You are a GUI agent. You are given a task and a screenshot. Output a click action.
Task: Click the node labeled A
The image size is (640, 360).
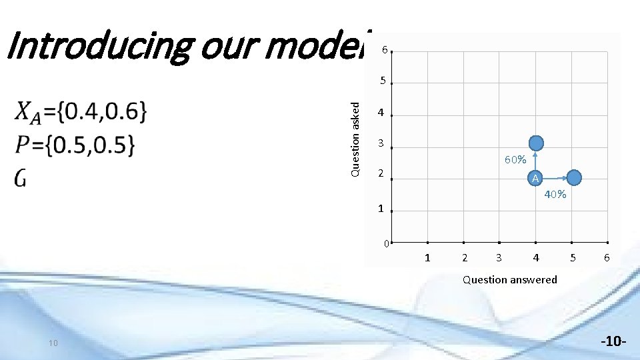click(x=535, y=178)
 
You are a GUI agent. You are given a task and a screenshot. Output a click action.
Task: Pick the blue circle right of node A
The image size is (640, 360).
click(x=574, y=177)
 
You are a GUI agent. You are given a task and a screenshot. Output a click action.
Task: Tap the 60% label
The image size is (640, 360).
click(x=515, y=160)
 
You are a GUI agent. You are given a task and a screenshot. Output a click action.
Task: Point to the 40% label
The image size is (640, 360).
click(x=555, y=195)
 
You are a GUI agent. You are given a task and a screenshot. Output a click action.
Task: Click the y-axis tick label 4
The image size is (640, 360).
click(x=381, y=113)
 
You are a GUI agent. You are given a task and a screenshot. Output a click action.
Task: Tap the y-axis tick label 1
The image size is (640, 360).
click(x=381, y=209)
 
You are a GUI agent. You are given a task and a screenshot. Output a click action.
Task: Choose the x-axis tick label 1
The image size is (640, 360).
click(x=427, y=257)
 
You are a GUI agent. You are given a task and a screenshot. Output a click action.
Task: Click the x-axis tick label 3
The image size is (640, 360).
click(x=499, y=257)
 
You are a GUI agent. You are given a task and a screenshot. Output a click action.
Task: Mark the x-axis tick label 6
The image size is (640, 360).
click(x=607, y=257)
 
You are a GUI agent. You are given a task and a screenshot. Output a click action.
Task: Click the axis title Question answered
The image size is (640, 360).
click(x=510, y=279)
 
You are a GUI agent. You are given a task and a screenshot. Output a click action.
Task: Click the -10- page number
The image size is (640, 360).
click(x=613, y=343)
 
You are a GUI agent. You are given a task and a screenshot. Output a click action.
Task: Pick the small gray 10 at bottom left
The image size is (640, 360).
click(x=54, y=343)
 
